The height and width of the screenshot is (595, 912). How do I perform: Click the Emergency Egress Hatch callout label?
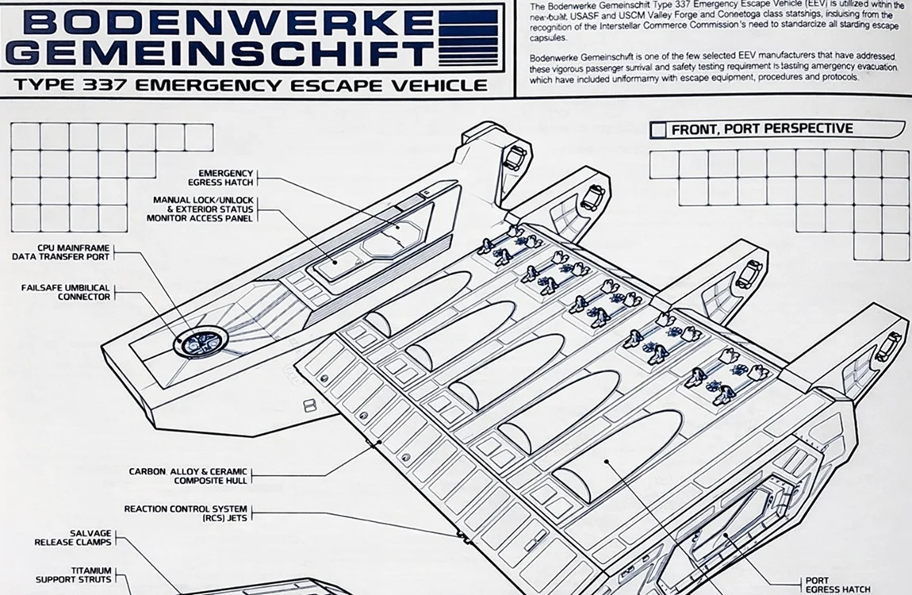(x=226, y=178)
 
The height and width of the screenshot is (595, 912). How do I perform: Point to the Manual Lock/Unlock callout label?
(x=203, y=209)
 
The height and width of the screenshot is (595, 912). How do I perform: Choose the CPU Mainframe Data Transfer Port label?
(x=61, y=252)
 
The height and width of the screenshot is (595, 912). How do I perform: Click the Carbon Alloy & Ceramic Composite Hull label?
(x=189, y=476)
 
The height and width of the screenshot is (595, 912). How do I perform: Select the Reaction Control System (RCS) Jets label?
(x=186, y=513)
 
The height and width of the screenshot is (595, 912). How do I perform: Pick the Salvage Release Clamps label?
(x=73, y=538)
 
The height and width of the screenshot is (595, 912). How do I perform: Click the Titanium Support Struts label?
(x=74, y=574)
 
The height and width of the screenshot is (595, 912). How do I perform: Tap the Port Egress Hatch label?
(x=837, y=585)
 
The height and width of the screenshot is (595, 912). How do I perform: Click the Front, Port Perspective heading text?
(x=762, y=129)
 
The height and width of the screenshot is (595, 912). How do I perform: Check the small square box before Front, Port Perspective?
(x=657, y=129)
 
